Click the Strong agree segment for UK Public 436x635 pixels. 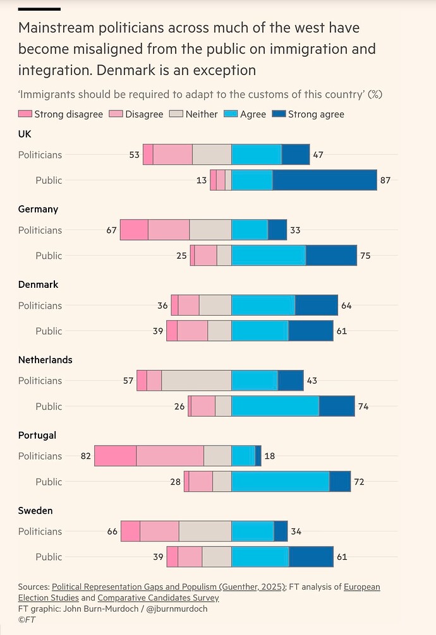pyautogui.click(x=325, y=180)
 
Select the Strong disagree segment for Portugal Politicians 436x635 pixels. pyautogui.click(x=116, y=456)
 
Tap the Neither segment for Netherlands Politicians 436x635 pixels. pyautogui.click(x=197, y=381)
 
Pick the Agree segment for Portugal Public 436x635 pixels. pyautogui.click(x=281, y=482)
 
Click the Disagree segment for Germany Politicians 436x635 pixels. pyautogui.click(x=169, y=230)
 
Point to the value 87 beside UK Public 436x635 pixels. pyautogui.click(x=385, y=180)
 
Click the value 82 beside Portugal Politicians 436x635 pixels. pyautogui.click(x=86, y=456)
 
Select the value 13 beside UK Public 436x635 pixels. pyautogui.click(x=202, y=180)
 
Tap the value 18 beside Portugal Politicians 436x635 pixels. pyautogui.click(x=269, y=456)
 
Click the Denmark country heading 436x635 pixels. pyautogui.click(x=38, y=285)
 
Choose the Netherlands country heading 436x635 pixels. pyautogui.click(x=45, y=360)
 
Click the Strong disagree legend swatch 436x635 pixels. pyautogui.click(x=25, y=114)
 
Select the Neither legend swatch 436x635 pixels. pyautogui.click(x=177, y=114)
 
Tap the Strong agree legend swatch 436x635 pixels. pyautogui.click(x=279, y=114)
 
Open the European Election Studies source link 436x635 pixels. pyautogui.click(x=362, y=587)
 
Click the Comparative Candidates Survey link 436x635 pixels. pyautogui.click(x=158, y=598)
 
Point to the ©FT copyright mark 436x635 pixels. pyautogui.click(x=26, y=620)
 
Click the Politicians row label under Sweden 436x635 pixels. pyautogui.click(x=40, y=531)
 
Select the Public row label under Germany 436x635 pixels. pyautogui.click(x=49, y=256)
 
